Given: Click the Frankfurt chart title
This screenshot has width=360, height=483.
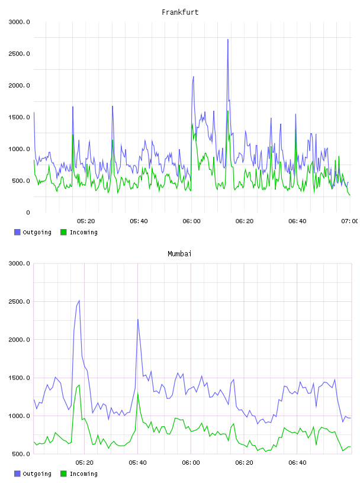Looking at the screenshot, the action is click(x=180, y=12).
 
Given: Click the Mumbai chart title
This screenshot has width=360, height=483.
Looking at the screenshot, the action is click(x=179, y=253).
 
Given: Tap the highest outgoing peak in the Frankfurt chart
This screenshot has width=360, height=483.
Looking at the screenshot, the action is click(x=228, y=40).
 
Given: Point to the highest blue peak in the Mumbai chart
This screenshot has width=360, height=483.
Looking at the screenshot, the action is click(x=79, y=300).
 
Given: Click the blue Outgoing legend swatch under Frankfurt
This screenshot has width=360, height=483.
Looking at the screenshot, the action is click(x=17, y=232).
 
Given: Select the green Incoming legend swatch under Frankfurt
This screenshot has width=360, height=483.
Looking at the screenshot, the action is click(x=63, y=232).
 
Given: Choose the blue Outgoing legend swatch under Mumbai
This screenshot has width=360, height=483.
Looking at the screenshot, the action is click(x=17, y=474).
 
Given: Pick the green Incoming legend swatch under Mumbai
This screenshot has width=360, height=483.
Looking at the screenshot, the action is click(x=63, y=474).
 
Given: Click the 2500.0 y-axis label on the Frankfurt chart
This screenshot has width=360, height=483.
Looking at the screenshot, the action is click(x=19, y=54).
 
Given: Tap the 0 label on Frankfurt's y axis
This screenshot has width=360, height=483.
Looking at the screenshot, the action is click(x=28, y=212).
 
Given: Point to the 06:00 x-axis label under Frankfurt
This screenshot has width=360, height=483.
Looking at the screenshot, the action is click(x=191, y=221).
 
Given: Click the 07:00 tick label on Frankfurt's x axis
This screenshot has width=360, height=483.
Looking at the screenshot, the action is click(x=350, y=221).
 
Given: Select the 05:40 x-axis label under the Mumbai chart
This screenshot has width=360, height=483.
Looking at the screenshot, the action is click(x=138, y=463).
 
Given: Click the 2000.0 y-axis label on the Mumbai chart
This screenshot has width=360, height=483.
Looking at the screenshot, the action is click(x=19, y=339).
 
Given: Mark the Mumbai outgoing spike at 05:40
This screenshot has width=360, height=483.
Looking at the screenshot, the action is click(x=138, y=320).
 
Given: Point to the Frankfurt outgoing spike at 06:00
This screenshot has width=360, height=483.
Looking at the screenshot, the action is click(x=193, y=77).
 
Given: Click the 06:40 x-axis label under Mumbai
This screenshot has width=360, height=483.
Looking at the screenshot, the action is click(x=297, y=463).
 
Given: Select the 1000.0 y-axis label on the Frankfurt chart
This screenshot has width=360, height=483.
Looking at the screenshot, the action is click(x=19, y=149).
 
